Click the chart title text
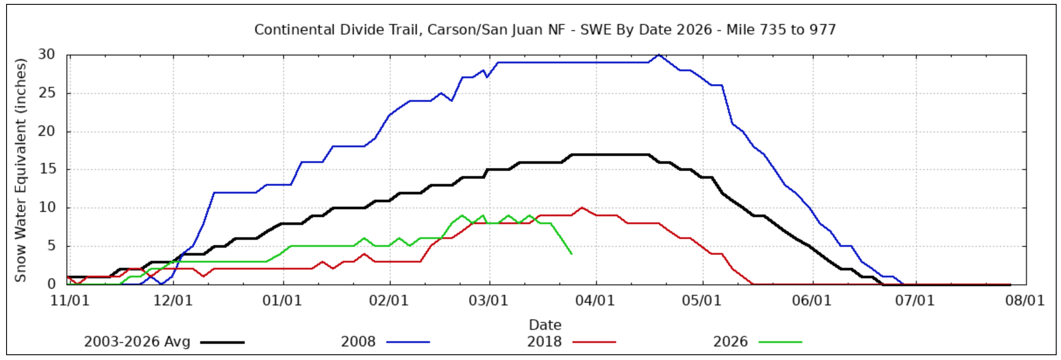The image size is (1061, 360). [x=544, y=30]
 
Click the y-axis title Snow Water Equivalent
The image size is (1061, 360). [x=21, y=170]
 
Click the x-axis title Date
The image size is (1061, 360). [x=545, y=325]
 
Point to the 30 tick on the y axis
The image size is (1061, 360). [x=47, y=55]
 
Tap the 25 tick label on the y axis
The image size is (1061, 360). [x=47, y=93]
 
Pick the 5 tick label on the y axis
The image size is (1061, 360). [x=51, y=246]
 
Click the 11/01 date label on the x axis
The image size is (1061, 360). [x=70, y=301]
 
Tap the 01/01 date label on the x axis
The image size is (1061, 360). [x=282, y=301]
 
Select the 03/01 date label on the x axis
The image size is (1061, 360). [x=489, y=301]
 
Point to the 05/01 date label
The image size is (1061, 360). [x=702, y=301]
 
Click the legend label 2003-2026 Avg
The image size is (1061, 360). [x=137, y=342]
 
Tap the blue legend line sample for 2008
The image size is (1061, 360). [x=408, y=342]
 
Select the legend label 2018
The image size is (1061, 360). [x=544, y=342]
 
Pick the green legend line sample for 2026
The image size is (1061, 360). [x=780, y=342]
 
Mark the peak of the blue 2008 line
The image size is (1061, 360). [x=659, y=55]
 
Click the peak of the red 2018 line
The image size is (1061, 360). [x=582, y=208]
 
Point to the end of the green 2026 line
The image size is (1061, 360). [x=571, y=253]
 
